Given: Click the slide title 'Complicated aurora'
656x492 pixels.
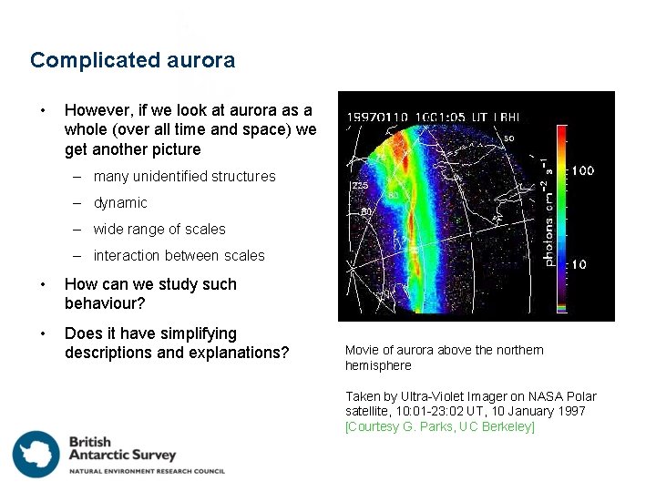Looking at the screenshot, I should coord(132,61).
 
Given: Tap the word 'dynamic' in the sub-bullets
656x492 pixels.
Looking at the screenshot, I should coord(119,203).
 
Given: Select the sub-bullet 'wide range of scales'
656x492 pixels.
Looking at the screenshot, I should coord(159,230).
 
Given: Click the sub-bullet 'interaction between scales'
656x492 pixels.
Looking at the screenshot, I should coord(179,256).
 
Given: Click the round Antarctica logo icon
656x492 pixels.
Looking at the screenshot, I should coord(36,454).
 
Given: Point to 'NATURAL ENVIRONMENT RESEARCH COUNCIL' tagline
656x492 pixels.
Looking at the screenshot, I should coord(147,471).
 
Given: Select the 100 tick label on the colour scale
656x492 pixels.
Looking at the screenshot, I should coord(582,170).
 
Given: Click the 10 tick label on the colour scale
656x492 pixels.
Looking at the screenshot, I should coord(579,264).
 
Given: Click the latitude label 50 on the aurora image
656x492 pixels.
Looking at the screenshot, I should coord(509,138).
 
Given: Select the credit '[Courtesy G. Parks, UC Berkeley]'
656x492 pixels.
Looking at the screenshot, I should coord(440,427).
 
